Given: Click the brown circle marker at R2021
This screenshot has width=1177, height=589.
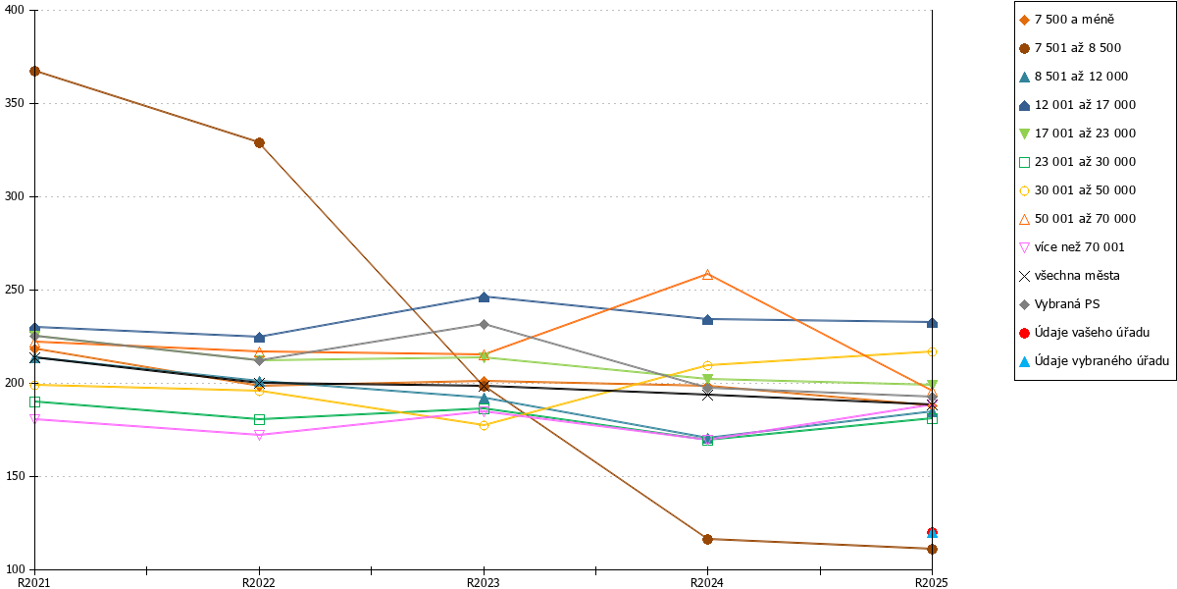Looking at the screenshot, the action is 34,71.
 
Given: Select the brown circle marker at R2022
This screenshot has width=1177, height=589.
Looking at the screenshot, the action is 259,143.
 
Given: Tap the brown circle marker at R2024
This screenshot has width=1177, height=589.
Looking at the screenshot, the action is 707,539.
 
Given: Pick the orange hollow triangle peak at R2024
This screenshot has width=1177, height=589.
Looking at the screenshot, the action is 707,275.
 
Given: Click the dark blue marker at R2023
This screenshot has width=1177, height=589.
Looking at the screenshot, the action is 484,297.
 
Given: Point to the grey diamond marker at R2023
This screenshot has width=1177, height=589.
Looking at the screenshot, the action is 484,325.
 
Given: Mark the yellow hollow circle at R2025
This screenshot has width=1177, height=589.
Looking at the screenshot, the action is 932,351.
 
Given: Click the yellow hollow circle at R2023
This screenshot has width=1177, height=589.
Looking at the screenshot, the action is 484,425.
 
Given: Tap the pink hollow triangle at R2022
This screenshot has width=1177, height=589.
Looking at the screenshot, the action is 259,435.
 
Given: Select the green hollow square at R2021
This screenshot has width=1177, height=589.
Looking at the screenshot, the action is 34,402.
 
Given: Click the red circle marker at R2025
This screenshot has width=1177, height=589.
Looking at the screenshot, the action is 932,532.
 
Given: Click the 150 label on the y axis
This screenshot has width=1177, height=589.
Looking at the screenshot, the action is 14,476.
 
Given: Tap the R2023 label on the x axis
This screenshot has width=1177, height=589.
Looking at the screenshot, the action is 484,583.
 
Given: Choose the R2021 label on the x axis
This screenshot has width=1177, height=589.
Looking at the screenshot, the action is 33,583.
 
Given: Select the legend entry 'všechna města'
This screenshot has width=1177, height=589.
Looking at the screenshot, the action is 1069,276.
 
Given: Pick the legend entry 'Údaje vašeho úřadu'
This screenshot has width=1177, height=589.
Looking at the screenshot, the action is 1084,333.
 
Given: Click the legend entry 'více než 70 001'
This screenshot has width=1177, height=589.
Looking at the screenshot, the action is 1071,247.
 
